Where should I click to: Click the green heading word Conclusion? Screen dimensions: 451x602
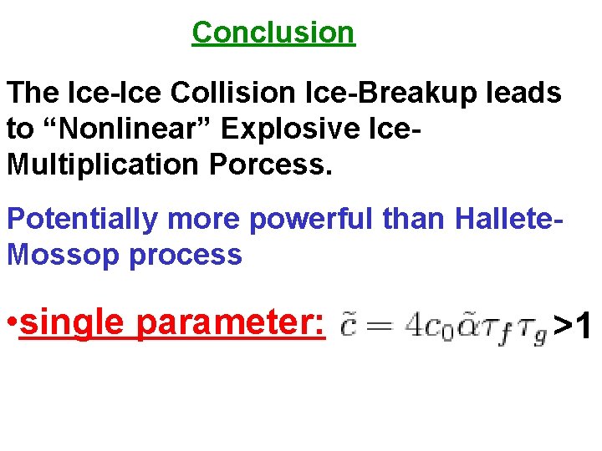[273, 33]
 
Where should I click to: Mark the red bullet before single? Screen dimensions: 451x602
[12, 322]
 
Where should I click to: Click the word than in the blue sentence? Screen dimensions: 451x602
[420, 219]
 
